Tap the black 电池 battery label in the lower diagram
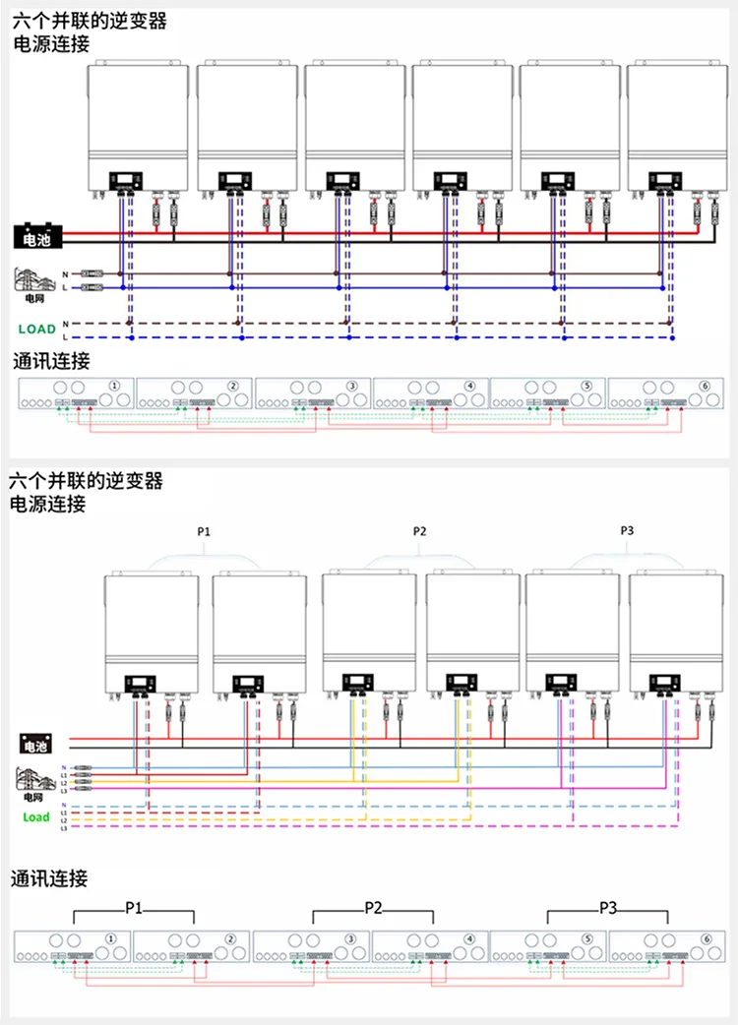(x=35, y=745)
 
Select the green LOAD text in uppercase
(x=37, y=330)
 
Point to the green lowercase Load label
(x=35, y=817)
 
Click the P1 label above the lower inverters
(x=204, y=531)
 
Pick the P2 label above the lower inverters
(x=420, y=531)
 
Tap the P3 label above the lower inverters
(x=627, y=531)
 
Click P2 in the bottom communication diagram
(x=372, y=907)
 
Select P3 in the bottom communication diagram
(x=607, y=907)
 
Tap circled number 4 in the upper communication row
(x=470, y=386)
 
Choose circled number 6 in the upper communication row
(x=706, y=386)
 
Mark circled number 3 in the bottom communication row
(x=351, y=939)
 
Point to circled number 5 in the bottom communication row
(x=587, y=939)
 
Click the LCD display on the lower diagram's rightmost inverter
(x=665, y=680)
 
